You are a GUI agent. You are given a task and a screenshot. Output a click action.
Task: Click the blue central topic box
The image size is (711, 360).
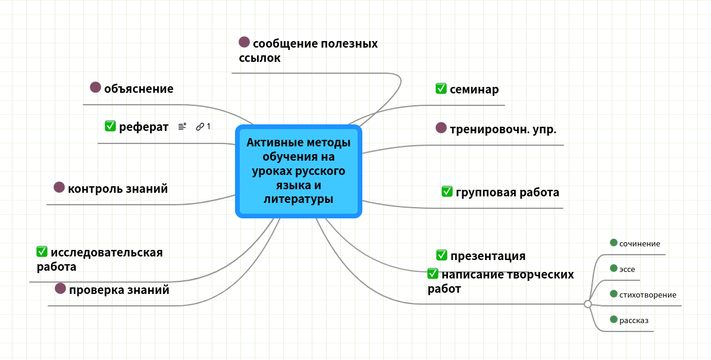[x=299, y=171]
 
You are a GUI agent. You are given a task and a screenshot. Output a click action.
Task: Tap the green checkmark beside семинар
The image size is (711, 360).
[x=441, y=89]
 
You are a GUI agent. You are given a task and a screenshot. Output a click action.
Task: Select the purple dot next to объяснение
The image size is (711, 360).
[x=95, y=87]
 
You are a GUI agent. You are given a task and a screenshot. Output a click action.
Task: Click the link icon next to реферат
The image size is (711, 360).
[x=200, y=126]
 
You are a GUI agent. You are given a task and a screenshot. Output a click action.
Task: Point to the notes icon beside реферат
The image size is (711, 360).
[x=182, y=126]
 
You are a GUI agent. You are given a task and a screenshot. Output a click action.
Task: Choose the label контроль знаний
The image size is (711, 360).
[x=118, y=189]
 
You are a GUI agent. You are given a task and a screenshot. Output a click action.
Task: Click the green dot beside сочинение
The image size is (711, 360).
[x=614, y=242]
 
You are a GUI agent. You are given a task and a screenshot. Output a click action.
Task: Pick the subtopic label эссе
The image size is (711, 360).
[x=627, y=269]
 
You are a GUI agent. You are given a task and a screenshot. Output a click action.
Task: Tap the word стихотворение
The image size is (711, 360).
[x=647, y=295]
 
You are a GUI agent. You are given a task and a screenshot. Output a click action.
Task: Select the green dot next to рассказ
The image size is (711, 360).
[x=614, y=320]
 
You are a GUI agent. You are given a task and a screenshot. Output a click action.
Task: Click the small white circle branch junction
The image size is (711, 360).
[x=588, y=304]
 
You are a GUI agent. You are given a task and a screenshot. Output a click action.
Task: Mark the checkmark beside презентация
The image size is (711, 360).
[x=441, y=255]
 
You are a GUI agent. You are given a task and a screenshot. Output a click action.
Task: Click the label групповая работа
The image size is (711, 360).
[x=508, y=192]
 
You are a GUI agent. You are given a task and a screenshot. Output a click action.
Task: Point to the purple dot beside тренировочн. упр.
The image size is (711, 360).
[x=441, y=127]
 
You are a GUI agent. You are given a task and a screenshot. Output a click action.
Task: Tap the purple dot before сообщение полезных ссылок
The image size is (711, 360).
[x=244, y=42]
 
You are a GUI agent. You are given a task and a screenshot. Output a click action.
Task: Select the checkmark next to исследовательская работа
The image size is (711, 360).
[x=42, y=251]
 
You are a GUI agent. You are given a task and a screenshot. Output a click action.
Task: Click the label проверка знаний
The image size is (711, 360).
[x=119, y=290]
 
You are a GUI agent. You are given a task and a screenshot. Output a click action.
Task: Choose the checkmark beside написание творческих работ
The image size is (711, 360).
[x=433, y=274]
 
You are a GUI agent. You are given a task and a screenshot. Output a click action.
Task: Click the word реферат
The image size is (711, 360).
[x=144, y=126]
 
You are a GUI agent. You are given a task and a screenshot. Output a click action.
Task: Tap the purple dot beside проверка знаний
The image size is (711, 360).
[x=60, y=289]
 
